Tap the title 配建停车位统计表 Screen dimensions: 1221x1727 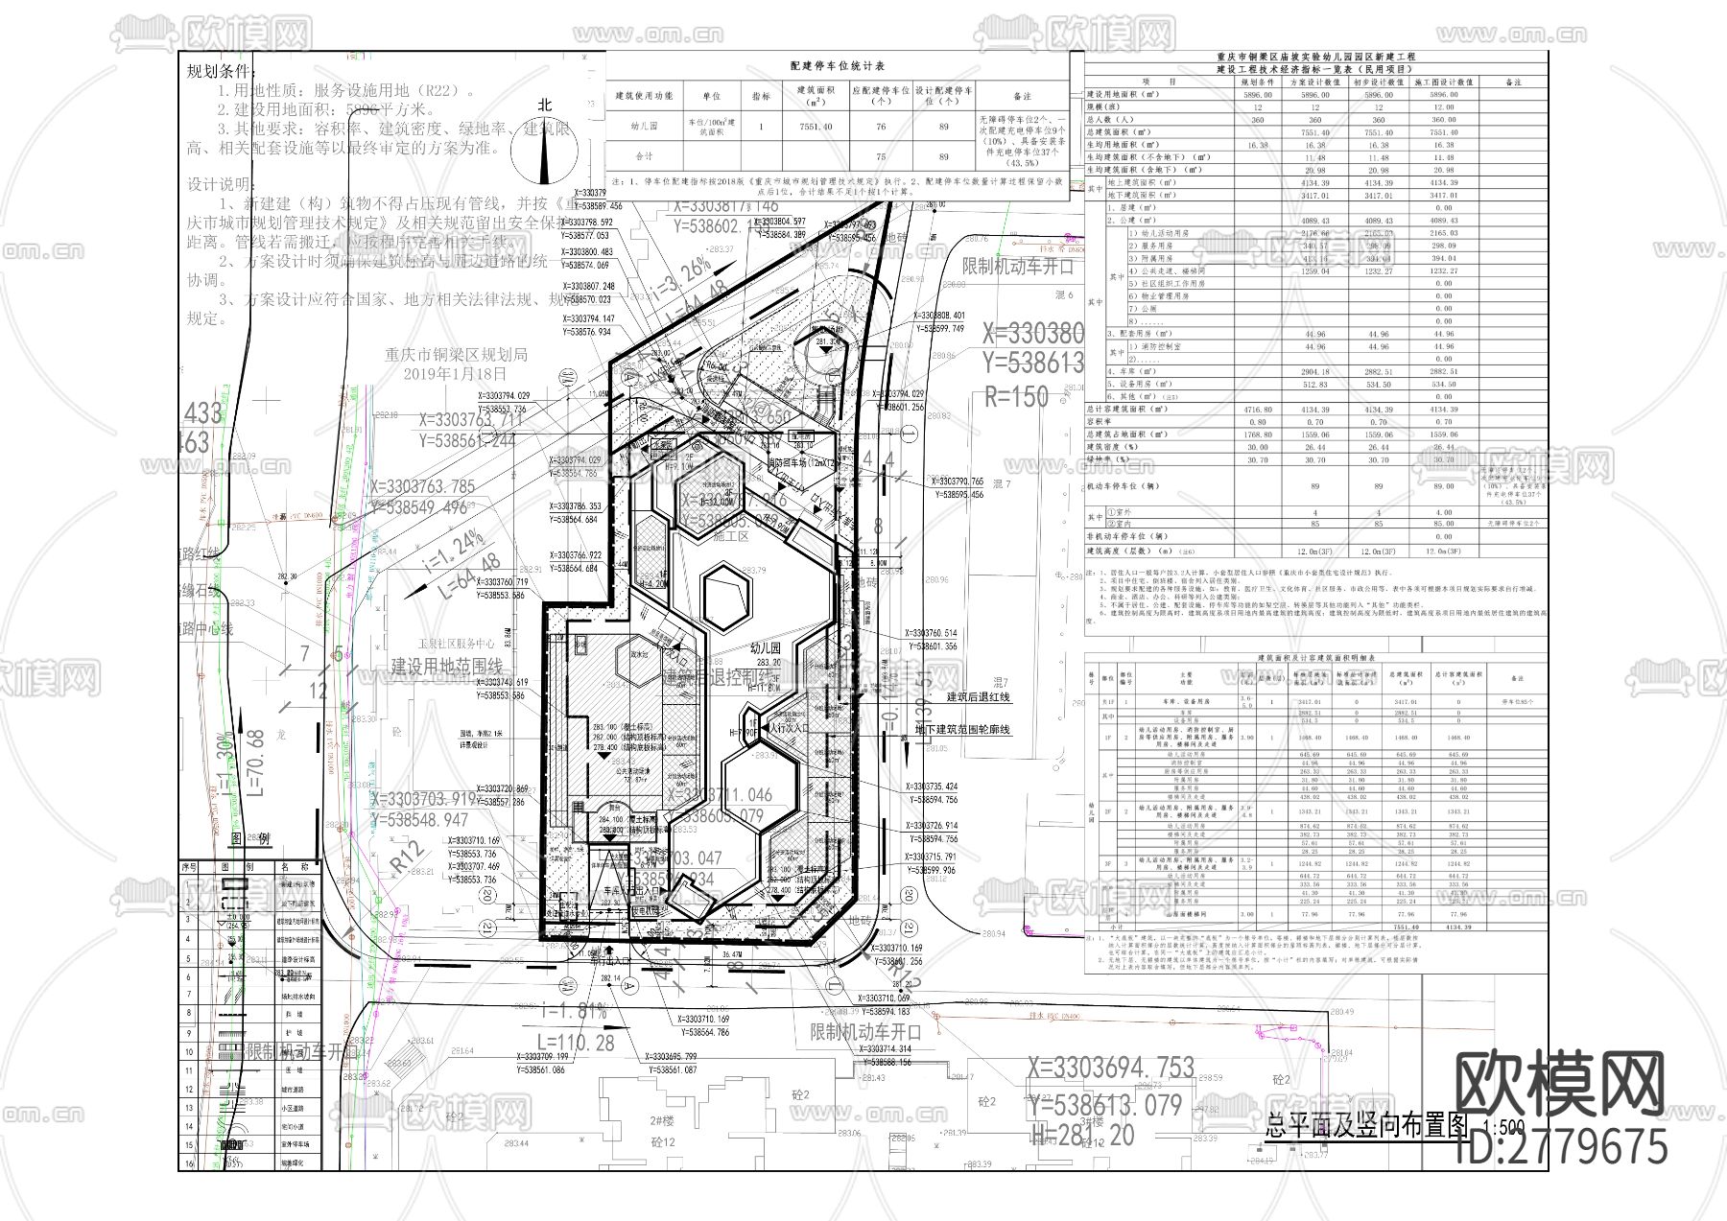837,66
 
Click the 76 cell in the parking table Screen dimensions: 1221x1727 881,126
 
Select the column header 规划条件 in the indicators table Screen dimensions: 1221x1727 1258,82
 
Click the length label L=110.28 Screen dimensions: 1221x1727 576,1043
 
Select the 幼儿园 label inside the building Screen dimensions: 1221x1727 767,648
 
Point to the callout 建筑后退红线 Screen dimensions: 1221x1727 978,697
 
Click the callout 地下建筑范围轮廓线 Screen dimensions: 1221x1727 962,730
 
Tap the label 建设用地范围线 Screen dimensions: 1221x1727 446,667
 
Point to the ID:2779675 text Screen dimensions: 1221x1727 1561,1147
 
